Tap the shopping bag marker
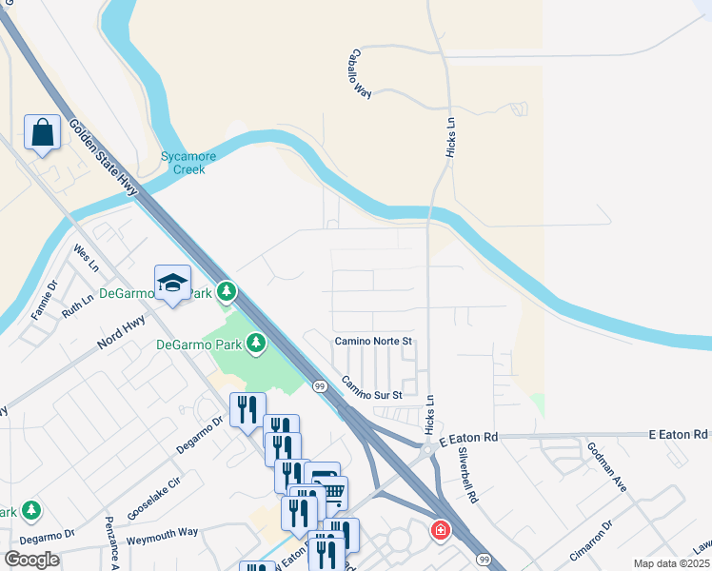(43, 133)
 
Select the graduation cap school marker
(172, 283)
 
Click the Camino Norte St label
(372, 341)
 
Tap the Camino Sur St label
(372, 388)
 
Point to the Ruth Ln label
(78, 305)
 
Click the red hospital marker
(441, 530)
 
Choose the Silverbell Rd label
(467, 474)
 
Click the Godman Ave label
(606, 466)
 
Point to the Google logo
(31, 560)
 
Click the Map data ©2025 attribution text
(672, 563)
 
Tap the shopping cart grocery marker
(331, 492)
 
